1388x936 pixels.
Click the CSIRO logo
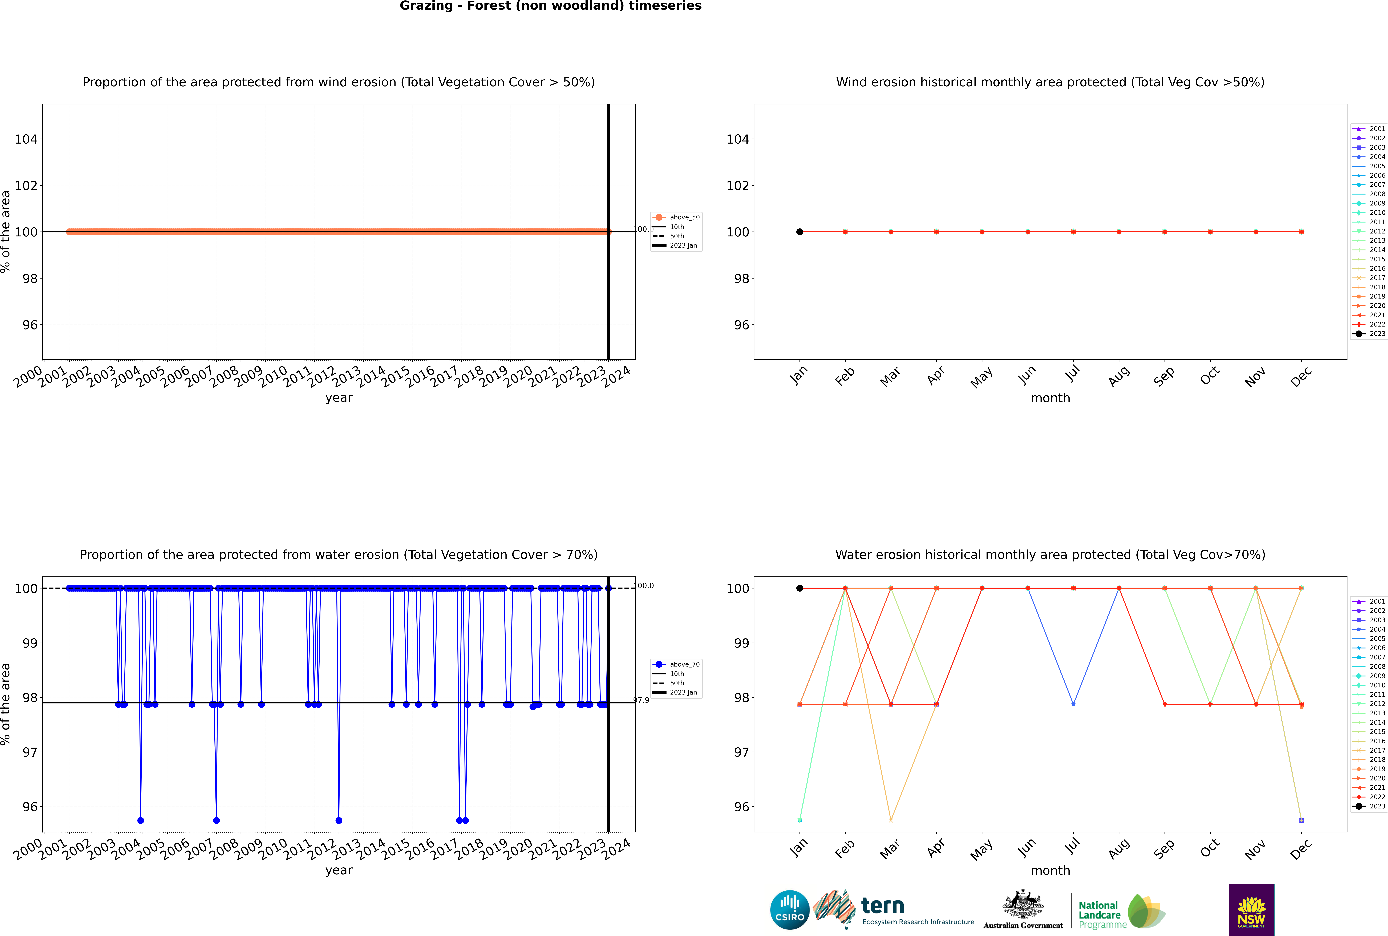[x=789, y=910]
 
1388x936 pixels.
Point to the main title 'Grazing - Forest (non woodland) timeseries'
[x=550, y=6]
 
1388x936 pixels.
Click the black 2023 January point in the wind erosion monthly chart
[x=800, y=232]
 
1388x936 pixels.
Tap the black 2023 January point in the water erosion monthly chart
[x=800, y=588]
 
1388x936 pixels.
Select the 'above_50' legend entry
[x=684, y=217]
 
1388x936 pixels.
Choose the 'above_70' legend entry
[x=684, y=664]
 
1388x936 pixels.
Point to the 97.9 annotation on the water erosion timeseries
[x=641, y=700]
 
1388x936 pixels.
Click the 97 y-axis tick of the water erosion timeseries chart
[x=30, y=752]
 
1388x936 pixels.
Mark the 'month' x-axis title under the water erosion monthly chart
[x=1050, y=870]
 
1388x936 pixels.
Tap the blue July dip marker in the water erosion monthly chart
[x=1073, y=704]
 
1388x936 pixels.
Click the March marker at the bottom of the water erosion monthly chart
[x=891, y=820]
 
